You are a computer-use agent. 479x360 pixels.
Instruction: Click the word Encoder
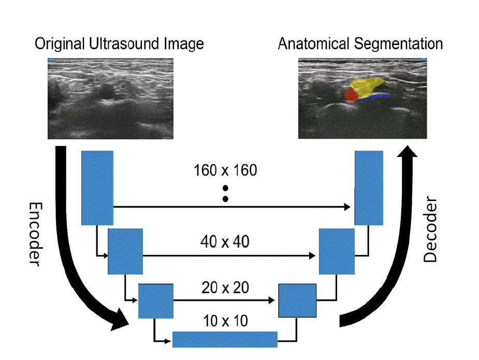[35, 234]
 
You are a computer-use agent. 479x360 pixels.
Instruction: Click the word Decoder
[430, 229]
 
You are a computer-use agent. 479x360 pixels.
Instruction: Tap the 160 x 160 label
[225, 170]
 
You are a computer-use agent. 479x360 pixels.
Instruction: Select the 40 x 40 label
[225, 242]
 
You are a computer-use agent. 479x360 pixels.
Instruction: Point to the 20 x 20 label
[225, 287]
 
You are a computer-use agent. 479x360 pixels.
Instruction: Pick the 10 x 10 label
[225, 321]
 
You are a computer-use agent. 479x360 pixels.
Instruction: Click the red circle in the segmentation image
[351, 95]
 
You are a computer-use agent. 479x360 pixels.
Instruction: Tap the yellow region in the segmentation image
[366, 85]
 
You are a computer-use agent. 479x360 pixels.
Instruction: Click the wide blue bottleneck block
[225, 339]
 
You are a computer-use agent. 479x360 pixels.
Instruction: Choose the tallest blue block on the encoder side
[97, 188]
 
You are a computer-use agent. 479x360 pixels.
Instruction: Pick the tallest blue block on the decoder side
[369, 188]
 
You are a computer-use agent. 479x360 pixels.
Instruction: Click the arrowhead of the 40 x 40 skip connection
[312, 255]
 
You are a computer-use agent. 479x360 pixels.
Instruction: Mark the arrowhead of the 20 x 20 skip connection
[271, 300]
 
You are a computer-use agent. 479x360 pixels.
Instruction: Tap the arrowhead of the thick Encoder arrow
[120, 320]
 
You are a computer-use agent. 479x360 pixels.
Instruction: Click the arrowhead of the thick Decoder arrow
[407, 152]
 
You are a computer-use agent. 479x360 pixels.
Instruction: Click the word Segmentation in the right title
[398, 44]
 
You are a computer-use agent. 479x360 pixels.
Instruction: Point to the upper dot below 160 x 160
[225, 188]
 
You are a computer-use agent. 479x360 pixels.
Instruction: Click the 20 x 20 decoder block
[297, 300]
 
